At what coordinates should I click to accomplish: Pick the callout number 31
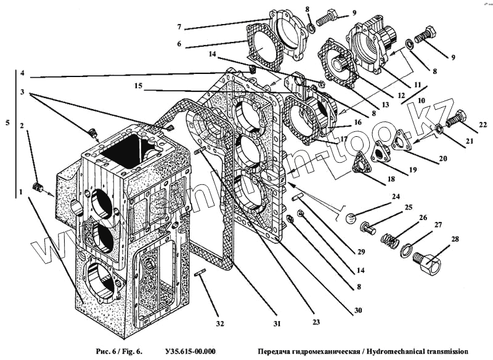coord(278,324)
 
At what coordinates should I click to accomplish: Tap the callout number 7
coord(179,27)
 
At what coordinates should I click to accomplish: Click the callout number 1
coord(22,192)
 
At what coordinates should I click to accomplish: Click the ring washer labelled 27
coord(406,250)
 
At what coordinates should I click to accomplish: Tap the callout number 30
coord(358,311)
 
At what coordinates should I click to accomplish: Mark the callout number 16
coord(357,123)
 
